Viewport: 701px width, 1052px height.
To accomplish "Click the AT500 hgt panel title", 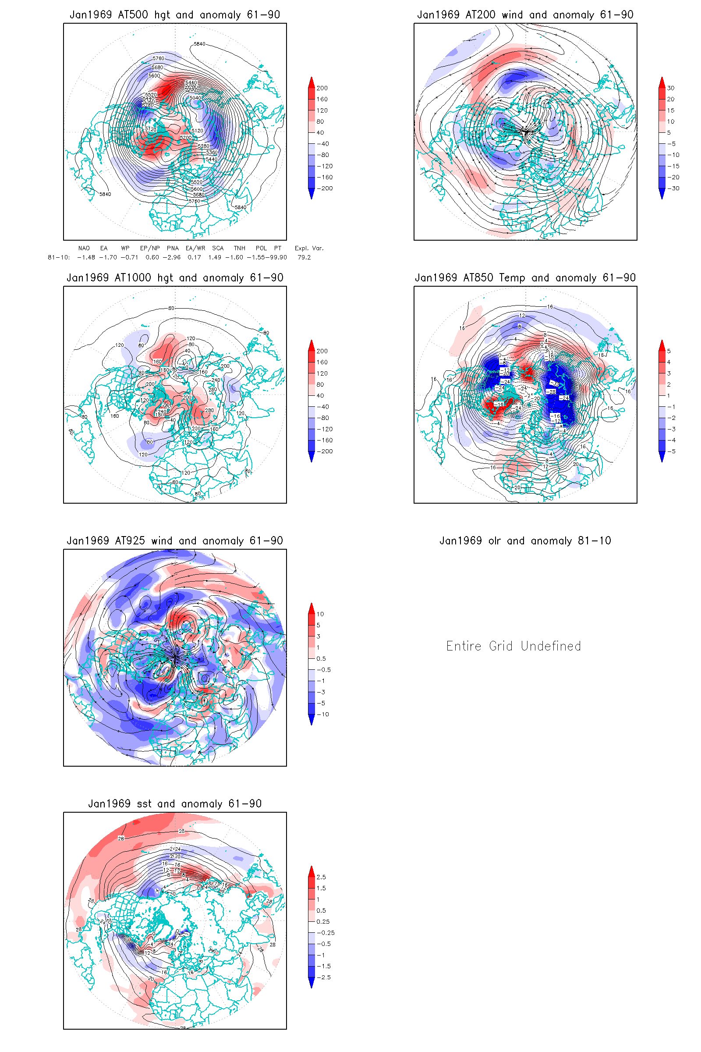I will [175, 15].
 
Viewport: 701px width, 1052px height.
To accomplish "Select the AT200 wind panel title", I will [525, 15].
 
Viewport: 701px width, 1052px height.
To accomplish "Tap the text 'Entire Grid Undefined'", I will [513, 646].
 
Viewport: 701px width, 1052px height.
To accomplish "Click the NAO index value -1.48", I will [86, 257].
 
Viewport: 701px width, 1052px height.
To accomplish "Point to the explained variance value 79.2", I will [304, 257].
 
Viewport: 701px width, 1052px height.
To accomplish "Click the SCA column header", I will [218, 248].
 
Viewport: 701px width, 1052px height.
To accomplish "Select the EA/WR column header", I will [195, 248].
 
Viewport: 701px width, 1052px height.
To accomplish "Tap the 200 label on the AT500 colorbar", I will [322, 88].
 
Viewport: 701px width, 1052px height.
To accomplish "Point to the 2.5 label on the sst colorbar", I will [321, 877].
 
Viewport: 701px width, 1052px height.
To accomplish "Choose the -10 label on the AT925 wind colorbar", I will [323, 714].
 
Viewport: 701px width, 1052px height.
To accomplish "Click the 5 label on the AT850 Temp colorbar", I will [669, 351].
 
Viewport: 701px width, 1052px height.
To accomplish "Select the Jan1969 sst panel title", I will [175, 804].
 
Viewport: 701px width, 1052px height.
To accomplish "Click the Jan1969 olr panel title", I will [525, 541].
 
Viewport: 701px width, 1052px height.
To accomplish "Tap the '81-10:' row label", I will [59, 257].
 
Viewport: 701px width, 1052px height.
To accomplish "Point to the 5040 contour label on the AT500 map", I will [195, 97].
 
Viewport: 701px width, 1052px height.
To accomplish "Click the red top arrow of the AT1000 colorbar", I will [312, 344].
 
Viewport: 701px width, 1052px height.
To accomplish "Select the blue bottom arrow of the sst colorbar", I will [312, 982].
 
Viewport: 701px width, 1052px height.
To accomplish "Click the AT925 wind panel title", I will [175, 541].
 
